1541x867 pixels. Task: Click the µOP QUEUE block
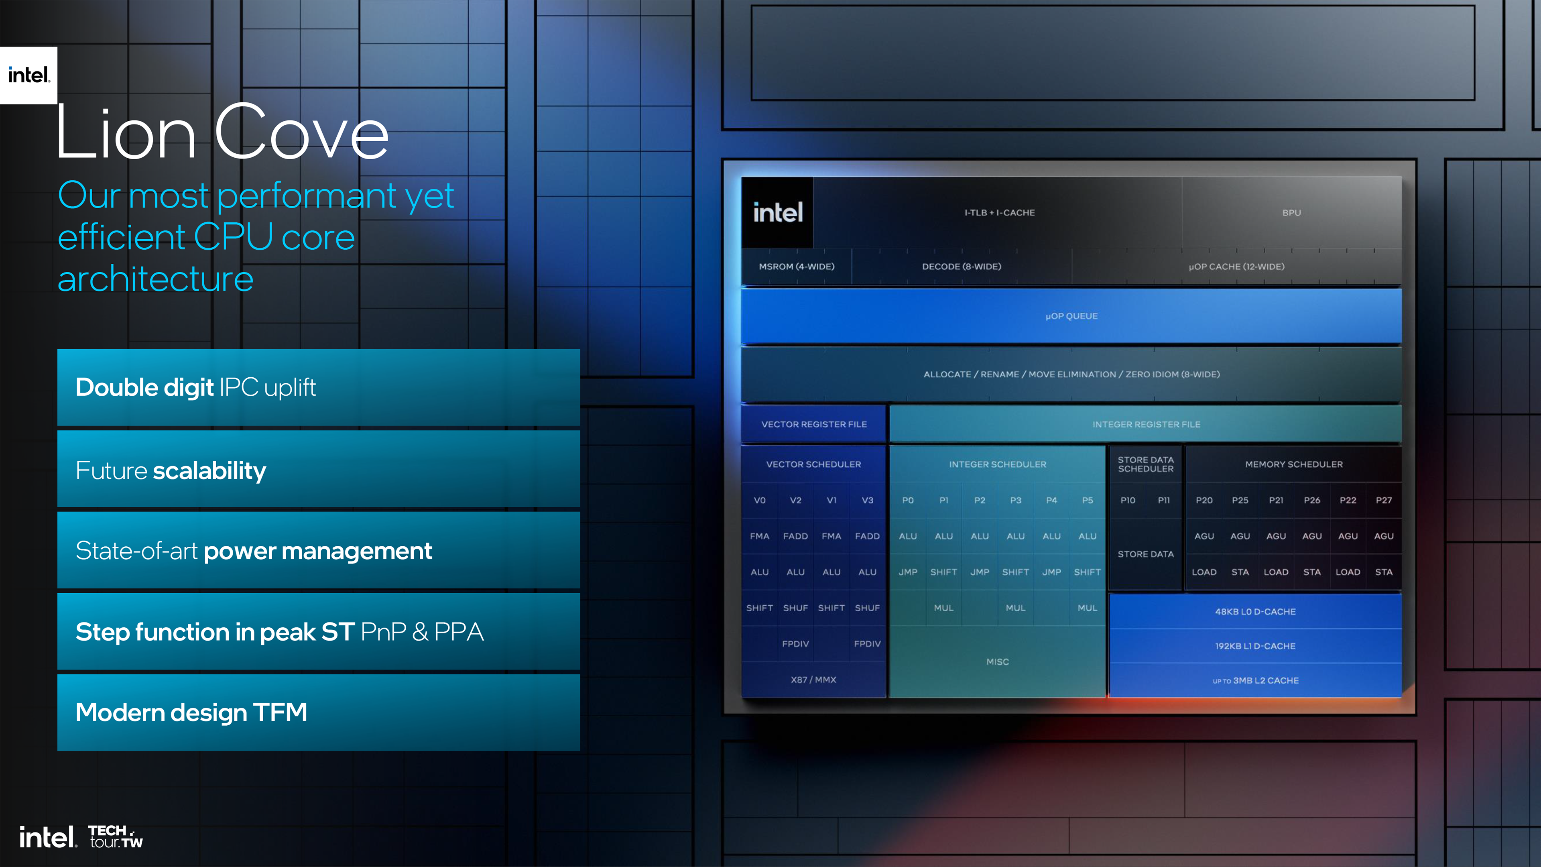pos(1071,316)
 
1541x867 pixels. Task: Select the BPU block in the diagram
pos(1291,212)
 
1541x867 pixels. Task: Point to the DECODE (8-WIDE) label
pos(962,266)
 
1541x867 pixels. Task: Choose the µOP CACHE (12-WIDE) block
pos(1236,266)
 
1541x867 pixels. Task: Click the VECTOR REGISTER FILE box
pos(813,424)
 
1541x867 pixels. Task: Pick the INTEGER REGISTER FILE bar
pos(1146,424)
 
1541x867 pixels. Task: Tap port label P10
pos(1128,500)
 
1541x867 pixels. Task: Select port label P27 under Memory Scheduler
pos(1384,500)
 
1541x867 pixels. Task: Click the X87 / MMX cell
pos(813,680)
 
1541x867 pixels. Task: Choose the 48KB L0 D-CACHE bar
pos(1255,611)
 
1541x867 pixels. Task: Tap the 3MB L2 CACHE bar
pos(1255,680)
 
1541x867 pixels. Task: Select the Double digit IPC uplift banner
pos(318,387)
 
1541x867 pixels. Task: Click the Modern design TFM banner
pos(318,712)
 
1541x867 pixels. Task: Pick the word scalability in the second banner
pos(209,471)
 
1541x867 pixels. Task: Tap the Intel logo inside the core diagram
pos(778,212)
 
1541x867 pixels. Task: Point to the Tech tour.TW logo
pos(116,836)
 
